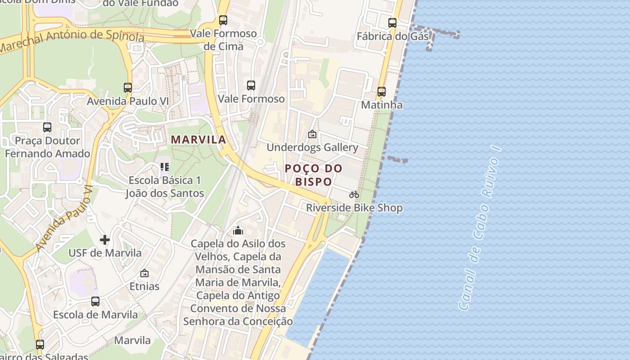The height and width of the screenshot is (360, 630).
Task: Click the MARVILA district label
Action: point(198,140)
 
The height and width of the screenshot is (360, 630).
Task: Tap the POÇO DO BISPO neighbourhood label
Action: point(314,175)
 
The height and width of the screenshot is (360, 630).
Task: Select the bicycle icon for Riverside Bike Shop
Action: point(354,194)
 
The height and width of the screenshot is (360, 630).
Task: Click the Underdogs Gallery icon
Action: point(312,134)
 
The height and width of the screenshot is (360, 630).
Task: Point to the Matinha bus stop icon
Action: point(382,92)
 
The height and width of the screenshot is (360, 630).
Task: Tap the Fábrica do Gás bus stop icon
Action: point(392,23)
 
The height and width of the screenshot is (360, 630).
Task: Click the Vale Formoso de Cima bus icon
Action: point(223,20)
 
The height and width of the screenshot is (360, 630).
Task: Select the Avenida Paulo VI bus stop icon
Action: point(128,88)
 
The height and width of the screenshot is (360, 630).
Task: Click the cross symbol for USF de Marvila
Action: point(105,240)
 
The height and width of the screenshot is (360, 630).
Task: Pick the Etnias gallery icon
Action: point(144,273)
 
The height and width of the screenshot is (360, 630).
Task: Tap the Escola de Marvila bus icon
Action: point(95,301)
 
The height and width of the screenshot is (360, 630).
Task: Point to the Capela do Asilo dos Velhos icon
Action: point(238,230)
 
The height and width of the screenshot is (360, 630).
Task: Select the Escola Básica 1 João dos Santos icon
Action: point(165,167)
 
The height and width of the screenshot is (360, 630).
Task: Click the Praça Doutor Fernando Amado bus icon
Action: point(47,127)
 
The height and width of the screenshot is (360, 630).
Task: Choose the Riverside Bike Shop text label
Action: point(354,208)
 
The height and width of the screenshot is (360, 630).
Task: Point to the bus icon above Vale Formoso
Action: point(251,85)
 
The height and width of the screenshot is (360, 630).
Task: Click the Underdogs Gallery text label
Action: point(312,148)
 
